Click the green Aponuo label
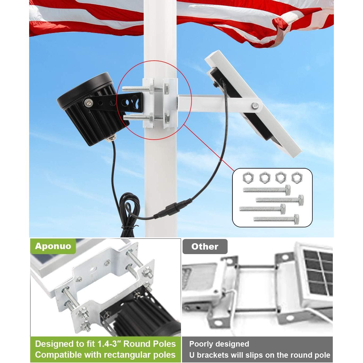click(53, 246)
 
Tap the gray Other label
click(205, 247)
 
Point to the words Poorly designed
click(219, 344)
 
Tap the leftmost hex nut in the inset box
click(248, 177)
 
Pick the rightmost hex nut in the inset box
click(297, 177)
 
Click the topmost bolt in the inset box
click(267, 190)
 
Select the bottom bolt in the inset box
click(276, 219)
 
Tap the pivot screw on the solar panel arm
click(255, 106)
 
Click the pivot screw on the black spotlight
click(88, 102)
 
